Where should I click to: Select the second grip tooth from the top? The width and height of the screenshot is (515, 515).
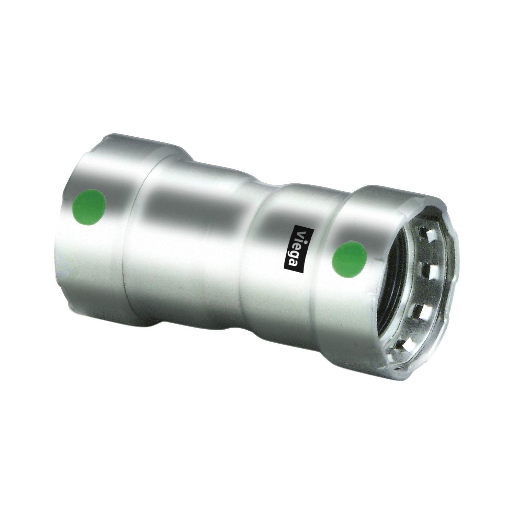429,266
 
